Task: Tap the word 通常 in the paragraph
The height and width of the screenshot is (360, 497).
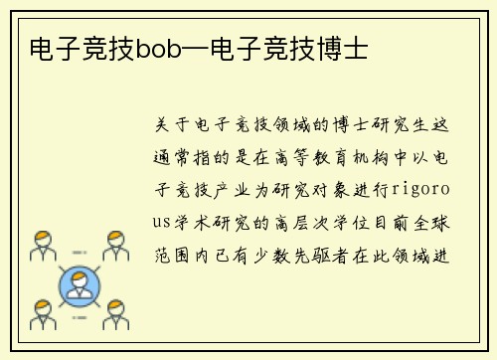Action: [x=170, y=157]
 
